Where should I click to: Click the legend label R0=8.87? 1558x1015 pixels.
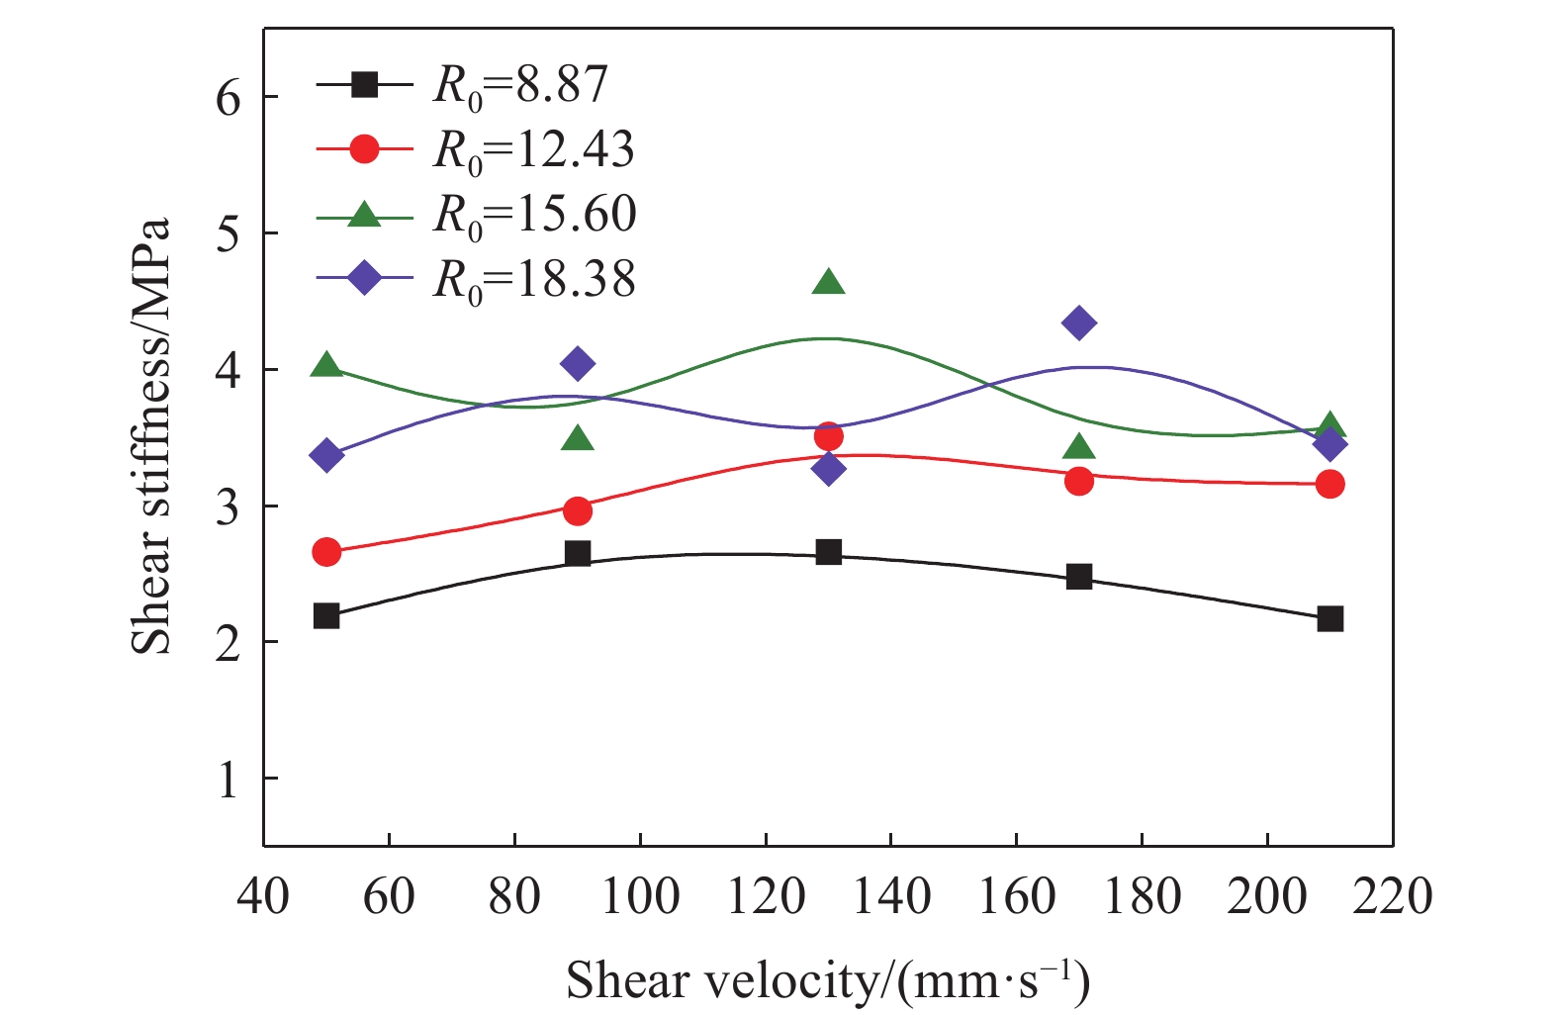click(520, 86)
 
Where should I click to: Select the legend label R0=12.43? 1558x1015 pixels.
click(533, 151)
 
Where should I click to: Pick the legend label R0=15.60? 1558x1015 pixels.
click(534, 216)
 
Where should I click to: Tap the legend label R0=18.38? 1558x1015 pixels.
click(534, 281)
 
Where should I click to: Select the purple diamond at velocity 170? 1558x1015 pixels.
click(1079, 323)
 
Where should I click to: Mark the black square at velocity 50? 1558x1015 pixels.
click(326, 615)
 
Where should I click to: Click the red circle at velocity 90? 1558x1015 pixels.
click(578, 511)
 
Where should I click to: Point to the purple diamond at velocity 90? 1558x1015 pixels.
click(578, 363)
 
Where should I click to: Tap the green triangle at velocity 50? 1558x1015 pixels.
click(326, 364)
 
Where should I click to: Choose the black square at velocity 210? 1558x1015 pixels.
click(1329, 618)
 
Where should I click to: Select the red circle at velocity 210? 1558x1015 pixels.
click(1329, 484)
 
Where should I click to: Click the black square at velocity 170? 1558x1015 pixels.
click(1079, 577)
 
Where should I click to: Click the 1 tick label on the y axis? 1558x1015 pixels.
click(229, 779)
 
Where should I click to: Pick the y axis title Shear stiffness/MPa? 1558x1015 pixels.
click(151, 436)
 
